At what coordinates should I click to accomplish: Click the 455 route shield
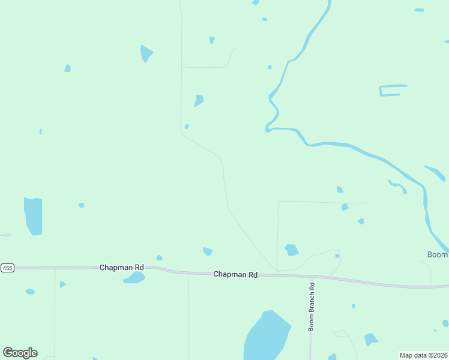(x=7, y=267)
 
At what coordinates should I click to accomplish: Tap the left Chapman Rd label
(x=122, y=267)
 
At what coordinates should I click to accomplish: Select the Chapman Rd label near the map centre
(x=235, y=274)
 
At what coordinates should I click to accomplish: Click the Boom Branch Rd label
(x=312, y=307)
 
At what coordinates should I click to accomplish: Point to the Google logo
(x=20, y=353)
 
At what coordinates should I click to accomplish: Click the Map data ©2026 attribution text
(x=423, y=355)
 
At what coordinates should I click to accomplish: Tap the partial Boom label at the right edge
(x=438, y=255)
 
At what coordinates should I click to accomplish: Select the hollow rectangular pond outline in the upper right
(x=393, y=91)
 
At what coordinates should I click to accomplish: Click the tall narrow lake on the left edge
(x=33, y=215)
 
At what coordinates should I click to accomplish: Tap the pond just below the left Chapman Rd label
(x=135, y=278)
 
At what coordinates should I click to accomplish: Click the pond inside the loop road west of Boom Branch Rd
(x=292, y=250)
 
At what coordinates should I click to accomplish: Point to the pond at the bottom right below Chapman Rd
(x=370, y=340)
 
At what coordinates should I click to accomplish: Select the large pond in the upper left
(x=146, y=53)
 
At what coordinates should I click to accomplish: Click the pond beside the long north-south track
(x=199, y=100)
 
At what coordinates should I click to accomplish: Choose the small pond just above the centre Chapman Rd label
(x=208, y=251)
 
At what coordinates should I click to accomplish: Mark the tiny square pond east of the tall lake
(x=81, y=205)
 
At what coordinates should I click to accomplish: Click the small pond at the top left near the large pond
(x=68, y=68)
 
